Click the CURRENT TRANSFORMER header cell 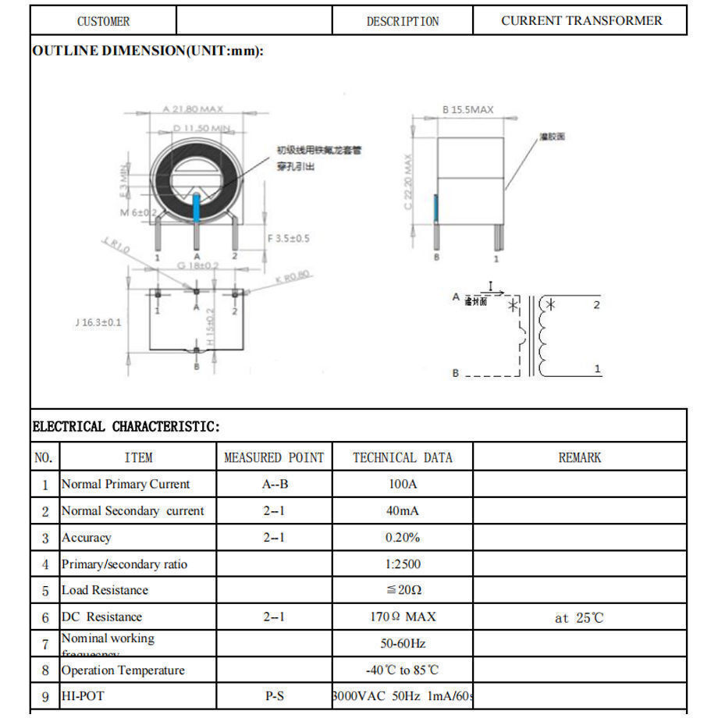[581, 21]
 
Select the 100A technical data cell [403, 484]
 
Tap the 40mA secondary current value [403, 511]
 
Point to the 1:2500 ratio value [403, 564]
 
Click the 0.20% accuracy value [403, 538]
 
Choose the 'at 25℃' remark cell [579, 618]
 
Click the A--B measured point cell [275, 484]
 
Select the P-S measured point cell [275, 696]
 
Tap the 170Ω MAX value [403, 617]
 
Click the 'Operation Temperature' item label [123, 670]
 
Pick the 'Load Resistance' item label [105, 590]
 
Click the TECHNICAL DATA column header [403, 457]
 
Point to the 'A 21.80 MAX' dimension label [193, 109]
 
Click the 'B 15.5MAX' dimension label [468, 110]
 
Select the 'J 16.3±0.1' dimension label [98, 322]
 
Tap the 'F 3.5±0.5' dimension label [288, 238]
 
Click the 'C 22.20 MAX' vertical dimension [407, 182]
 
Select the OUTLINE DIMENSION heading [148, 51]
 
